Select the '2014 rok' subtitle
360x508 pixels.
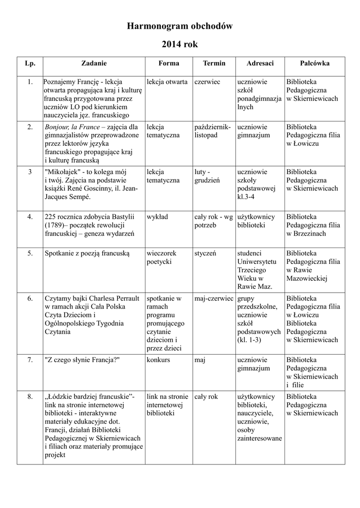coord(180,45)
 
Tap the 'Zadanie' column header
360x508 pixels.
coord(94,63)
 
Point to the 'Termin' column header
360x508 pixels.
coord(214,63)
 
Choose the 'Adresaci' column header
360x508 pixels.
coord(260,63)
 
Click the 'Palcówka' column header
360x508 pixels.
coord(314,63)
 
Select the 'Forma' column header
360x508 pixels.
coord(169,63)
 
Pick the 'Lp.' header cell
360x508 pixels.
coord(30,63)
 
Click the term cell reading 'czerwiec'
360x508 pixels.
coord(207,82)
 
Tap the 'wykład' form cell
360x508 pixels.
coord(157,217)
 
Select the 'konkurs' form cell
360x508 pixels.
coord(158,360)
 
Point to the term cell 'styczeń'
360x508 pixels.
coord(205,254)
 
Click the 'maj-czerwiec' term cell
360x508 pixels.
coord(214,299)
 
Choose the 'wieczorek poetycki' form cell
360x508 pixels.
coord(161,257)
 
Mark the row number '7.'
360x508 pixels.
coord(30,360)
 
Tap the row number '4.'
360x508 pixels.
coord(30,217)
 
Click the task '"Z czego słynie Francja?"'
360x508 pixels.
coord(82,360)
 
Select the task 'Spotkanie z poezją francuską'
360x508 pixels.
coord(87,254)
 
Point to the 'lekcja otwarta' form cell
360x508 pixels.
coord(167,82)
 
